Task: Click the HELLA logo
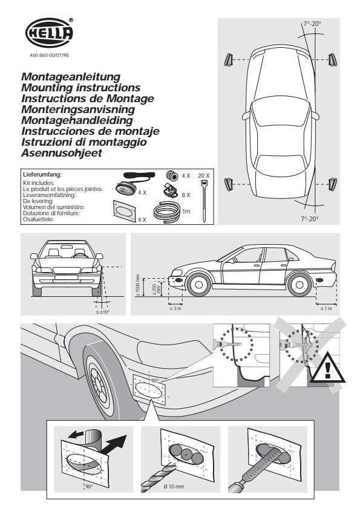(x=49, y=33)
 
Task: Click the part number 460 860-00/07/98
(x=50, y=55)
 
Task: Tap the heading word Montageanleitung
(x=71, y=77)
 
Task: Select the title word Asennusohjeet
(x=62, y=153)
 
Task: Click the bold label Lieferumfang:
(x=42, y=175)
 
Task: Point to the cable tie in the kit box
(x=204, y=201)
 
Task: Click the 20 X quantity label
(x=204, y=176)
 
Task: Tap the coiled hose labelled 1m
(x=166, y=212)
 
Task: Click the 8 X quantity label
(x=186, y=195)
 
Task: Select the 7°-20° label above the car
(x=312, y=24)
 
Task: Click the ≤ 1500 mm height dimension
(x=138, y=286)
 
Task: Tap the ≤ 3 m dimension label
(x=175, y=308)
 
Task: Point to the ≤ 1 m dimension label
(x=326, y=308)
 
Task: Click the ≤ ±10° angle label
(x=103, y=313)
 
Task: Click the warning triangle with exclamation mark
(x=327, y=368)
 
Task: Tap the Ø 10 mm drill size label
(x=174, y=486)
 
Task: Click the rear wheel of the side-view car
(x=299, y=285)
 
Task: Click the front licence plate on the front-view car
(x=67, y=277)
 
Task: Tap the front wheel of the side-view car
(x=199, y=285)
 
